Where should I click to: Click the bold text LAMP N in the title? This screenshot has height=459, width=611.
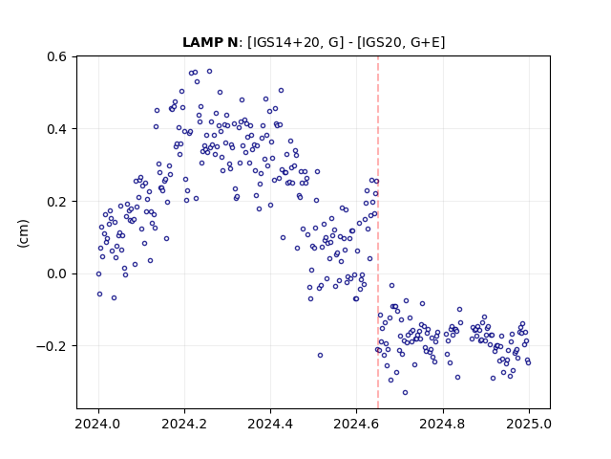point(210,42)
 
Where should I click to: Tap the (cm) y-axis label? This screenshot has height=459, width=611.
point(23,233)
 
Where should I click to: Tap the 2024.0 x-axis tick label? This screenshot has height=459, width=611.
point(98,424)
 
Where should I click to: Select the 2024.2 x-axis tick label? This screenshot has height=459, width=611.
point(184,424)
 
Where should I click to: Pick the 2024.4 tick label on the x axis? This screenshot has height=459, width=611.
point(270,424)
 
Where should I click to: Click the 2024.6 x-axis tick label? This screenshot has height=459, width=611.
point(356,424)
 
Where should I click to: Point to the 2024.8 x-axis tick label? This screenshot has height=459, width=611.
point(442,424)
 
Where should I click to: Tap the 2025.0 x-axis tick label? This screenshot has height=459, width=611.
point(529,424)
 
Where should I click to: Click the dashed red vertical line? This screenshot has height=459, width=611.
point(378,232)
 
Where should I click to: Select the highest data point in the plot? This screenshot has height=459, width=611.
point(210,72)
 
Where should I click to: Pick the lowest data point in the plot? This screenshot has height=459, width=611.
point(405,392)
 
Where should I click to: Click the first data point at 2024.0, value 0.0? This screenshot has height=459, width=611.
point(98,274)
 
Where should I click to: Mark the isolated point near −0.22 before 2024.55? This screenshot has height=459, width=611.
point(321,355)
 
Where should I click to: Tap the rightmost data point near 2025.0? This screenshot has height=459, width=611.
point(528,362)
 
